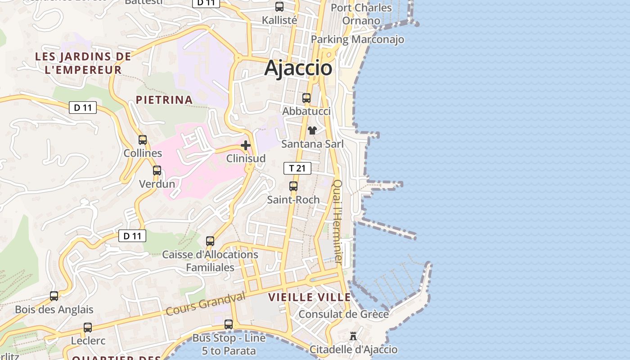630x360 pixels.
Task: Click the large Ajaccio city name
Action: click(298, 68)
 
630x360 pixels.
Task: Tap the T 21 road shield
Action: click(297, 168)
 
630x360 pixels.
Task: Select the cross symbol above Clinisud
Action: click(246, 145)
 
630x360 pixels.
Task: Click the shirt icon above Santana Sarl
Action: click(312, 130)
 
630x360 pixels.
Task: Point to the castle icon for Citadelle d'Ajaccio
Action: click(353, 336)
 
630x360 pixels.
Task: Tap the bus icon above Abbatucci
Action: click(306, 98)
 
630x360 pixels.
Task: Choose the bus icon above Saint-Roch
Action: click(293, 186)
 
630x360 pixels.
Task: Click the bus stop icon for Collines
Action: click(143, 139)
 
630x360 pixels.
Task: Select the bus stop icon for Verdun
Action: click(157, 171)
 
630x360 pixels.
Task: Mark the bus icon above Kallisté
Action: click(279, 7)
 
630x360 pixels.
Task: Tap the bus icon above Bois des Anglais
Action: click(54, 296)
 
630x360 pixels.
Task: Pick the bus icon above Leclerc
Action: click(88, 327)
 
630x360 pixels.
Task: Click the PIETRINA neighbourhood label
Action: click(164, 100)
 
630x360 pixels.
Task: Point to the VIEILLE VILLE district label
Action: click(310, 297)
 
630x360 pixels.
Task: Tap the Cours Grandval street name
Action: click(206, 304)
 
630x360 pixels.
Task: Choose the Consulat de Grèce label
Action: click(344, 314)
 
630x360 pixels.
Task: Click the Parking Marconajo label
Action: click(357, 40)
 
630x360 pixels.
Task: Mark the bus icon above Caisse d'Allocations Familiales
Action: click(210, 241)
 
